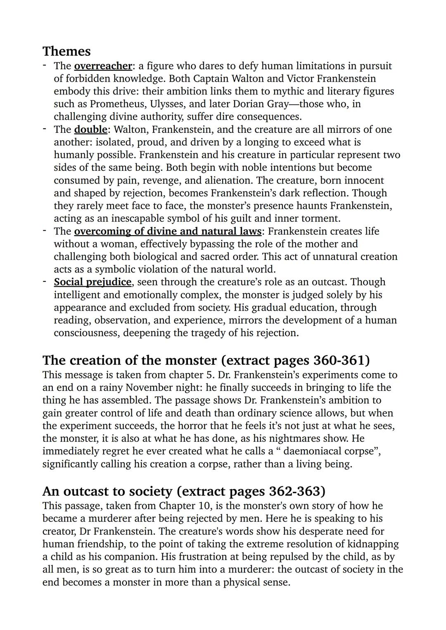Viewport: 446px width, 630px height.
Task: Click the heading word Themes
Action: point(66,51)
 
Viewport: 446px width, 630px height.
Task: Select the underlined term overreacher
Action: point(103,66)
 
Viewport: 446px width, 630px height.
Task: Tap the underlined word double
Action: point(90,130)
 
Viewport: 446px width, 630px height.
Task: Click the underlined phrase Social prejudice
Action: point(93,282)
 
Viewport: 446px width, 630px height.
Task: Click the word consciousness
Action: point(87,333)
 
